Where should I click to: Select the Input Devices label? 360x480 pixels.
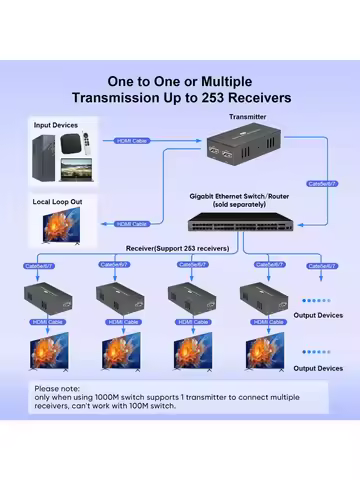(57, 125)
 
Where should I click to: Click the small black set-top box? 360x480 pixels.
(74, 144)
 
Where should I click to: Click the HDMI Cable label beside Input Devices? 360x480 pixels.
(133, 141)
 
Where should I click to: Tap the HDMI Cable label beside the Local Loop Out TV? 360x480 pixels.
(133, 224)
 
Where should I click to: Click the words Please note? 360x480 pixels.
(59, 387)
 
